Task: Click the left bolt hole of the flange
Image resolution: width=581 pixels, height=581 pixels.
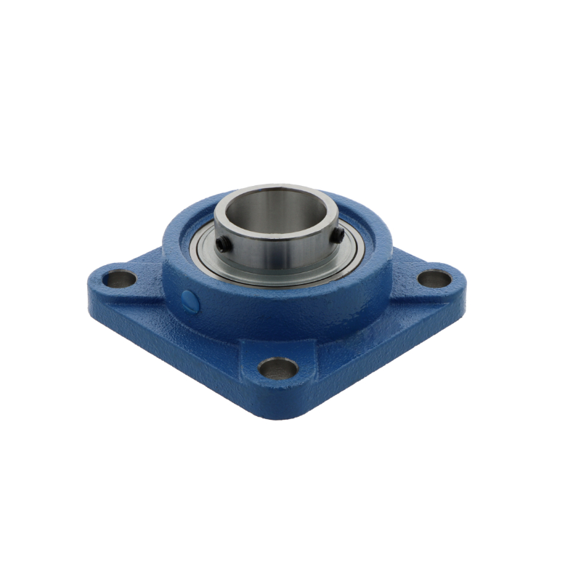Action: (x=119, y=278)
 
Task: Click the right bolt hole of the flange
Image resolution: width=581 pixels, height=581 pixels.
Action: (x=435, y=278)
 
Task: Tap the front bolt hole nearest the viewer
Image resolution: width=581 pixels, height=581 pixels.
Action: (x=278, y=368)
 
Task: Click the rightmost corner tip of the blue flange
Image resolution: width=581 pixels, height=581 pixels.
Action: (x=465, y=280)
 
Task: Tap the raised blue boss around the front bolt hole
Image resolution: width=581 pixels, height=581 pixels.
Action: (x=278, y=386)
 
